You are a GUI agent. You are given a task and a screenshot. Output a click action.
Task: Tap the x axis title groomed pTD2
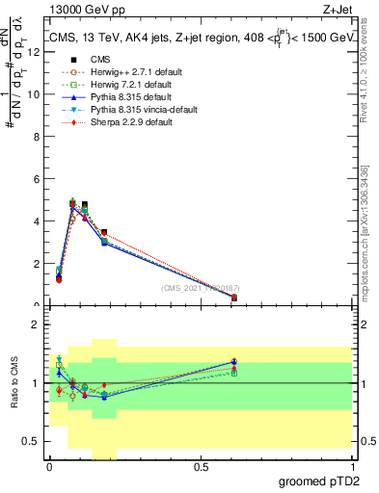(329, 480)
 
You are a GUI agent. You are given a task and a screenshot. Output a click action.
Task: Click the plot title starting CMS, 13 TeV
(202, 39)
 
